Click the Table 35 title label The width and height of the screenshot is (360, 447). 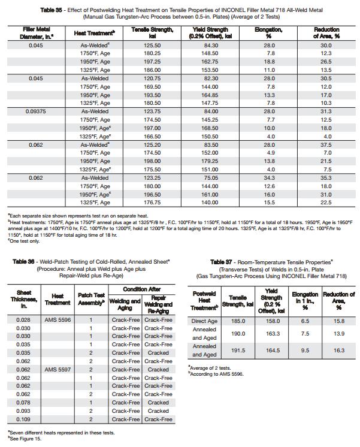pyautogui.click(x=52, y=9)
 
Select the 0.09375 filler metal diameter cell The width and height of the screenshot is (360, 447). pyautogui.click(x=35, y=111)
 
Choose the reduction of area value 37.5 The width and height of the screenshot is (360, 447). pyautogui.click(x=325, y=144)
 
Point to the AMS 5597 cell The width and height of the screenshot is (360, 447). pyautogui.click(x=58, y=370)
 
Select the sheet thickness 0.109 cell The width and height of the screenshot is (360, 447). pyautogui.click(x=23, y=419)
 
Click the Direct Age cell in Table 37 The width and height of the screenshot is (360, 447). pyautogui.click(x=205, y=321)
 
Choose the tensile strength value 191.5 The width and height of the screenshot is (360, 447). pyautogui.click(x=238, y=350)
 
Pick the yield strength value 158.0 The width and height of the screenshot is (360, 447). pyautogui.click(x=273, y=321)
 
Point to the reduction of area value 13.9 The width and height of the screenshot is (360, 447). pyautogui.click(x=339, y=333)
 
